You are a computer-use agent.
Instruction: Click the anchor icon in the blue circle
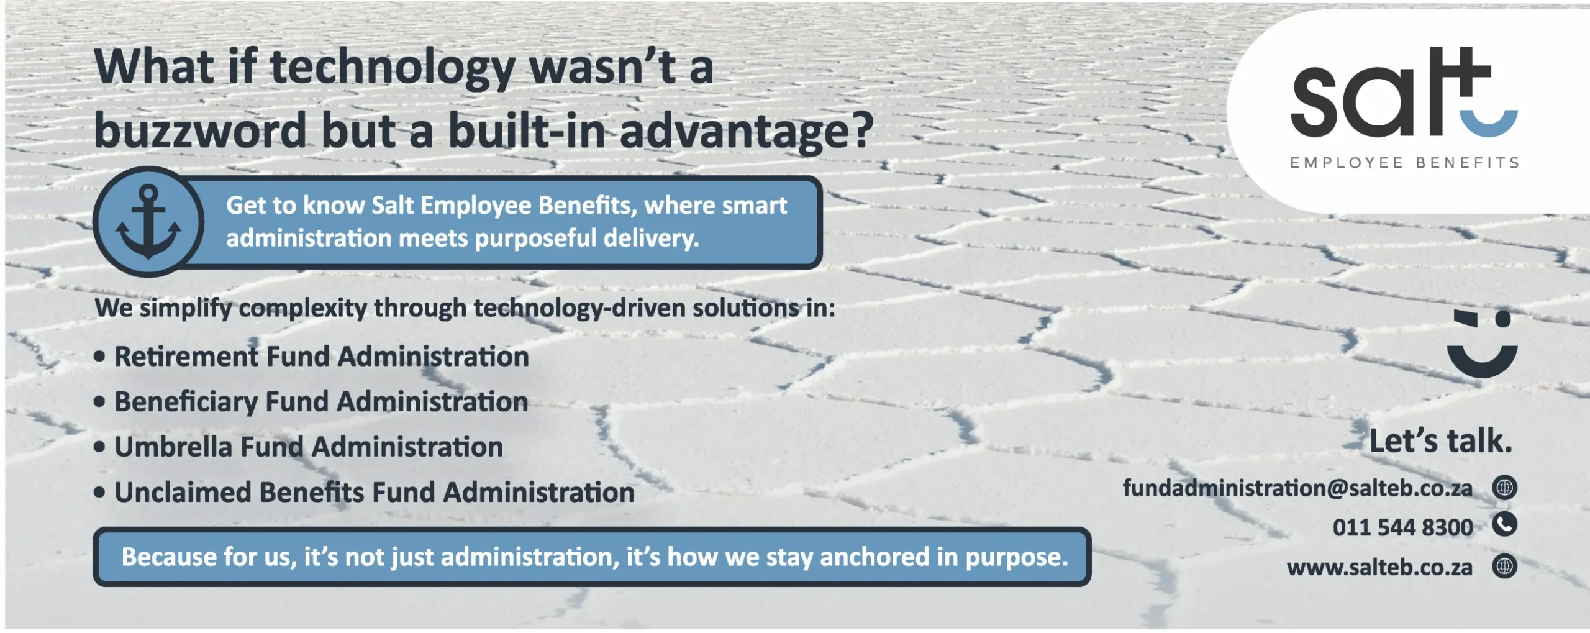(x=148, y=222)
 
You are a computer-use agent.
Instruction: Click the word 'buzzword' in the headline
(x=201, y=130)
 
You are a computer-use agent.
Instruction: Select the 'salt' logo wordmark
(x=1404, y=91)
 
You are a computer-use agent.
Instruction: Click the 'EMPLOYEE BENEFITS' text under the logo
(x=1404, y=163)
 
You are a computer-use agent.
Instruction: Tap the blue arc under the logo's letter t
(x=1489, y=124)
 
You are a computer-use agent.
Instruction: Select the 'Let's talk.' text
(x=1440, y=441)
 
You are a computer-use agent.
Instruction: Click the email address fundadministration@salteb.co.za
(x=1297, y=488)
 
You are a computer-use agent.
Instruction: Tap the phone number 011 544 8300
(x=1402, y=527)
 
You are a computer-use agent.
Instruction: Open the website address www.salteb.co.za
(x=1379, y=567)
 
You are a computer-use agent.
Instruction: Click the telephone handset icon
(x=1504, y=524)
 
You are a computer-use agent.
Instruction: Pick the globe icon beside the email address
(x=1504, y=488)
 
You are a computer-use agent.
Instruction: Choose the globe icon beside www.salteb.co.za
(x=1504, y=566)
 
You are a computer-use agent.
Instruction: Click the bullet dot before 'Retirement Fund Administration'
(x=99, y=357)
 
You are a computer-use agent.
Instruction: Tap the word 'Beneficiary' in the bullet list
(x=186, y=403)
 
